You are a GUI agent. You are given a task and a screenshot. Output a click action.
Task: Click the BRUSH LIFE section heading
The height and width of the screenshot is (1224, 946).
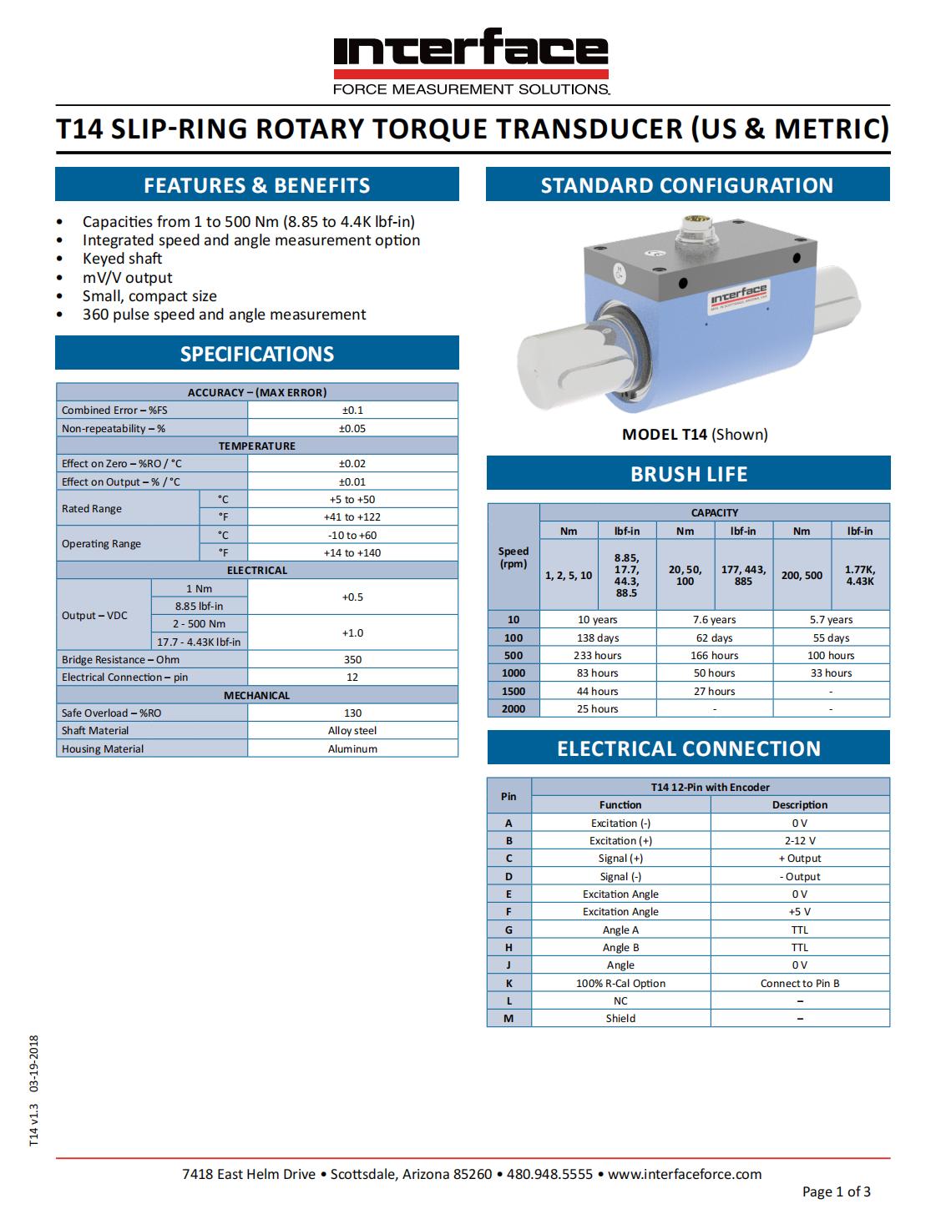[x=688, y=474]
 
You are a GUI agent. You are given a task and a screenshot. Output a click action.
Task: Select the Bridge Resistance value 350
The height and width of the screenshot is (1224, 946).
[x=352, y=659]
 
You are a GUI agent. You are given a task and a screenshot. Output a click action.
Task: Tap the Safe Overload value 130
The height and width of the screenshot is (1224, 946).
[x=352, y=713]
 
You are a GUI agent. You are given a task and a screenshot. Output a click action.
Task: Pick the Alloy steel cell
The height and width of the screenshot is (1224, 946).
[x=352, y=731]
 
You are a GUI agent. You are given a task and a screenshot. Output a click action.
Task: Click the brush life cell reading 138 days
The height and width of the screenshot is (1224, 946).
[x=598, y=637]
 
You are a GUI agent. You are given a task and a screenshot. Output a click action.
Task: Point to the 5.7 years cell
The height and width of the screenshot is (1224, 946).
[x=831, y=620]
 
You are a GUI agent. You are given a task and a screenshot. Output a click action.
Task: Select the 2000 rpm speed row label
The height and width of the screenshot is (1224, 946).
[x=513, y=708]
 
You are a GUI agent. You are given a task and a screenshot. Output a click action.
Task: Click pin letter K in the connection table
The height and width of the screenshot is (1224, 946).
[x=508, y=983]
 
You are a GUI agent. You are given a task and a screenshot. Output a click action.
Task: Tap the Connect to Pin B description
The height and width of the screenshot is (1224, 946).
[x=800, y=983]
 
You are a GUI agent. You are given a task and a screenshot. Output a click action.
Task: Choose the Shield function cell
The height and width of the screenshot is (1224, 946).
[x=620, y=1018]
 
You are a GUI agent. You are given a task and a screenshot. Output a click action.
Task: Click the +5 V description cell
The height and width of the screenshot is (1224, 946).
[x=800, y=912]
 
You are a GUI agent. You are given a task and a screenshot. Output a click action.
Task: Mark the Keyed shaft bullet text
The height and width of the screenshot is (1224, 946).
[x=122, y=259]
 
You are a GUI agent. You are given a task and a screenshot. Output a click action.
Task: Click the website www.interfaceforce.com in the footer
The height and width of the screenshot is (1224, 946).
[x=685, y=1174]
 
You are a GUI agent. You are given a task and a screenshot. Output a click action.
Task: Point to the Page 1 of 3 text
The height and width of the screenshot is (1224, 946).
[x=836, y=1191]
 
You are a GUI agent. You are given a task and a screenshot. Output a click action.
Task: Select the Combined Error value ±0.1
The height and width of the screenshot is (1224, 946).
[x=352, y=410]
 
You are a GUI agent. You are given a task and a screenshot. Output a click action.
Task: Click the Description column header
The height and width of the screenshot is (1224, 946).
[x=800, y=805]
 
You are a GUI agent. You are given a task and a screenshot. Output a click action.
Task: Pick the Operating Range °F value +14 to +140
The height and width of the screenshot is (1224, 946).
[x=352, y=552]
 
